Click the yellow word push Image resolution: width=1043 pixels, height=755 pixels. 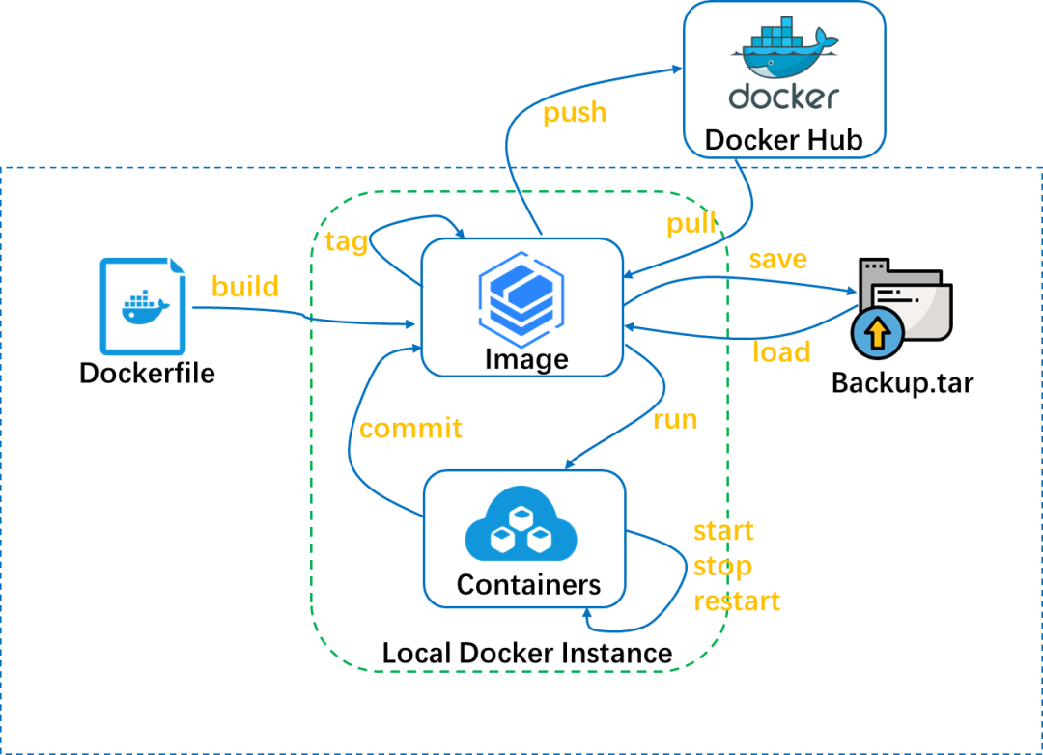(575, 114)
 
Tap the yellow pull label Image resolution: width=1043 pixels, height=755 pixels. (691, 224)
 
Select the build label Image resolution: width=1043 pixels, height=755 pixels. (245, 287)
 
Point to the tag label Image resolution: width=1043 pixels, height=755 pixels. (347, 241)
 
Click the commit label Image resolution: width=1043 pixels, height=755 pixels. (410, 428)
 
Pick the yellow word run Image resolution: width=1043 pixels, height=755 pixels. (675, 419)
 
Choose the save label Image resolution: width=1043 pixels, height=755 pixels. (777, 260)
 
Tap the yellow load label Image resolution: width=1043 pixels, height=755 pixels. (780, 352)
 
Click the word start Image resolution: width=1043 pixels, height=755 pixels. (723, 531)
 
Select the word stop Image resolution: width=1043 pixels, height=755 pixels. (722, 566)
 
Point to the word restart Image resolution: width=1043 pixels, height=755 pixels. (737, 601)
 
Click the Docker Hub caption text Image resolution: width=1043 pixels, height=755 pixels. (783, 139)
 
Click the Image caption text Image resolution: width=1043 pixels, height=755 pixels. (526, 359)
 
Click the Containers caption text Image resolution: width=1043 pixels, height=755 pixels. (528, 584)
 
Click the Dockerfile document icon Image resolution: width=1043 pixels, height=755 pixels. (143, 305)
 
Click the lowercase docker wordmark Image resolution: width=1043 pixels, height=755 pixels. (783, 97)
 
